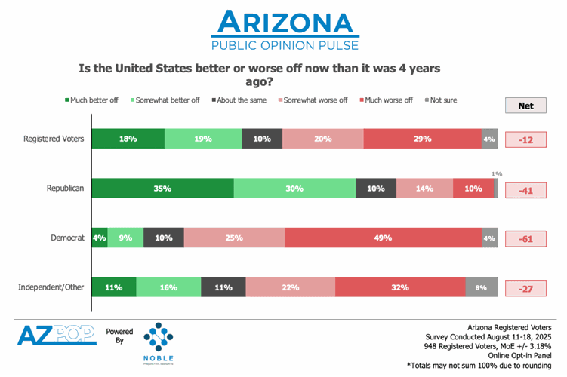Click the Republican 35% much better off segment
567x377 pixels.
[x=162, y=188]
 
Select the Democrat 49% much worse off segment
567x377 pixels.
[x=384, y=238]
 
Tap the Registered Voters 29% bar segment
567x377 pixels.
[x=422, y=139]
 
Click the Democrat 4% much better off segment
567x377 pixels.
[x=99, y=238]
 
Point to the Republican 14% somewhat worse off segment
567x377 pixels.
[x=424, y=188]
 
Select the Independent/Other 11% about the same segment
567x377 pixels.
[x=223, y=287]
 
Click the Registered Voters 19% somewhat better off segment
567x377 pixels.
[x=203, y=139]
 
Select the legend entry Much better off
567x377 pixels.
[x=94, y=100]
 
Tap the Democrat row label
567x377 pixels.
[x=65, y=238]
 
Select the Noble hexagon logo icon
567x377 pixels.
[x=159, y=337]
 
